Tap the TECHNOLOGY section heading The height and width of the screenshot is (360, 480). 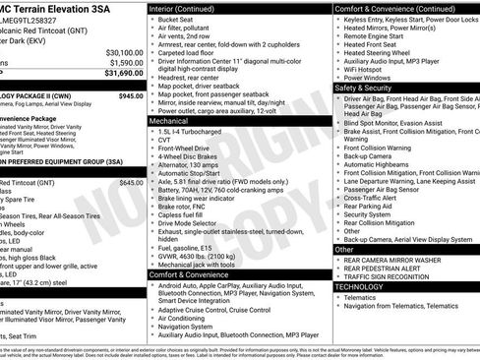point(366,286)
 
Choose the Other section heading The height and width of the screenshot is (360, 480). point(343,249)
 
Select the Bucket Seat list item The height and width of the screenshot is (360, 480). point(176,19)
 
